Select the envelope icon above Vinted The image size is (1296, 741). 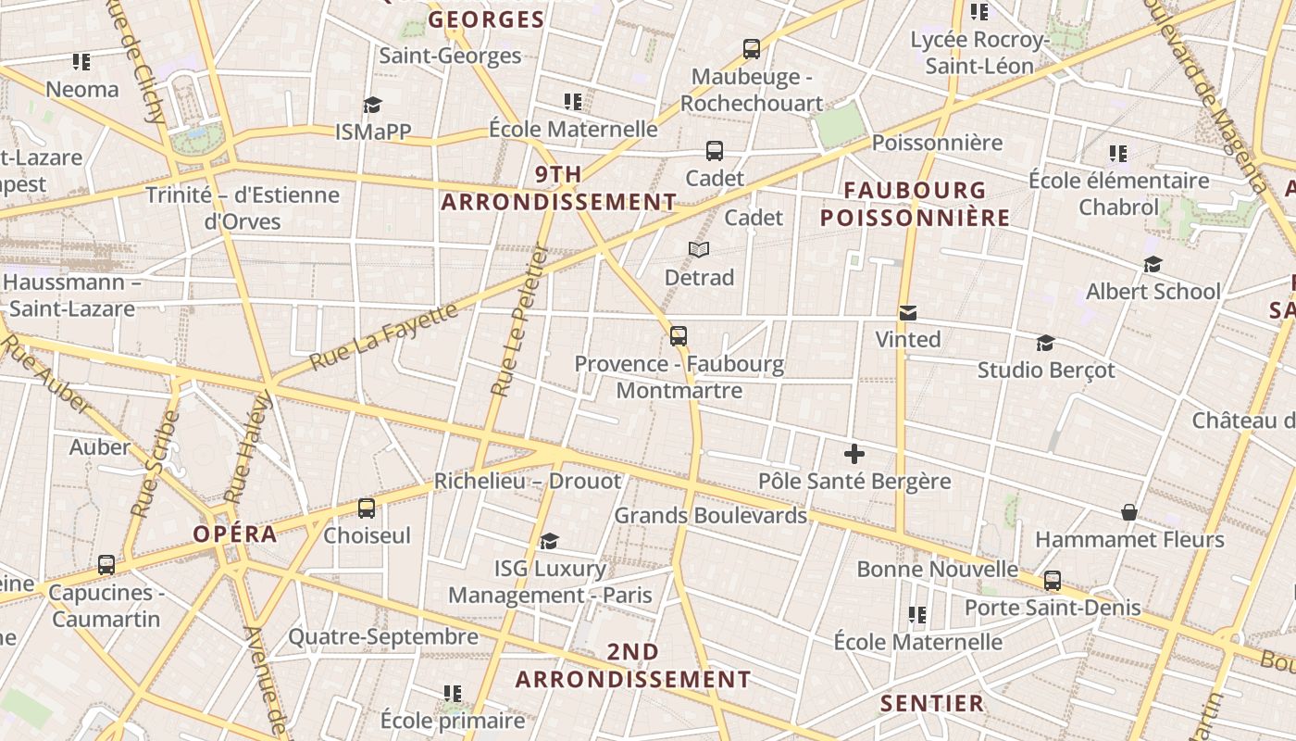(907, 313)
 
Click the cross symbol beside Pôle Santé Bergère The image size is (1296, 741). (854, 454)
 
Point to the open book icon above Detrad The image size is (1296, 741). (699, 250)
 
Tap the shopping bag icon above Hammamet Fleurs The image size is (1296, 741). (1129, 512)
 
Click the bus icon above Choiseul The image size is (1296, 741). (367, 509)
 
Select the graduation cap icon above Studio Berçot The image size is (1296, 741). (1045, 344)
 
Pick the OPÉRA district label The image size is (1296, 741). (235, 534)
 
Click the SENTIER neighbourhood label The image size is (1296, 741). (931, 703)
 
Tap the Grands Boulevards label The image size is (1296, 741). (711, 515)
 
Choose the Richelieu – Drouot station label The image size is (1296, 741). (528, 482)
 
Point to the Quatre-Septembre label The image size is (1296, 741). (383, 636)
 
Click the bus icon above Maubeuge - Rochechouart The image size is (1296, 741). (752, 49)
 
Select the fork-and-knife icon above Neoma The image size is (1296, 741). (81, 62)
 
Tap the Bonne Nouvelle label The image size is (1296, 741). (937, 569)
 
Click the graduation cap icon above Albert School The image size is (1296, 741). (1153, 265)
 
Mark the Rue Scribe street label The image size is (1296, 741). (155, 463)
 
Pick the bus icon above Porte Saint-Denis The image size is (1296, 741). (1053, 581)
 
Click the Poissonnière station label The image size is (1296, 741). (937, 142)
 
